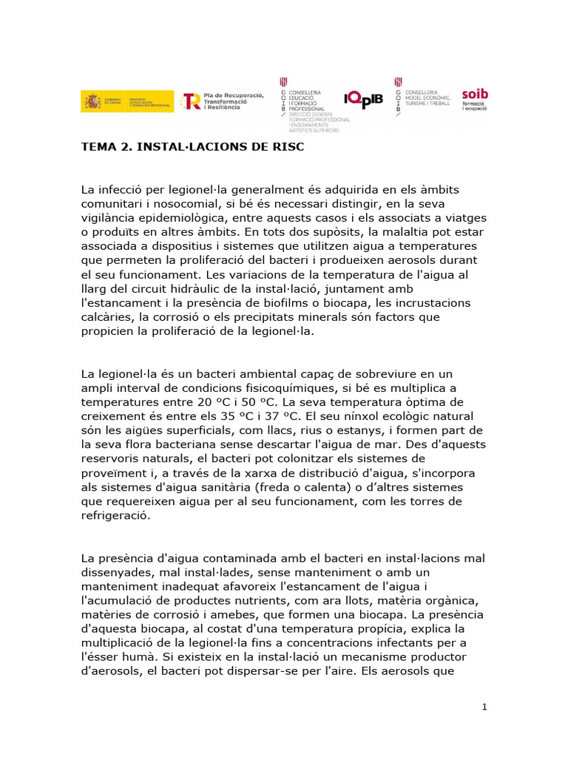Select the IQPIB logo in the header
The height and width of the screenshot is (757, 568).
click(364, 99)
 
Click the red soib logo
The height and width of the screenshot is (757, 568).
click(474, 99)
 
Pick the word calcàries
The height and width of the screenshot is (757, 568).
click(107, 317)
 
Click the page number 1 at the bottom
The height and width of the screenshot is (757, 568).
click(484, 707)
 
